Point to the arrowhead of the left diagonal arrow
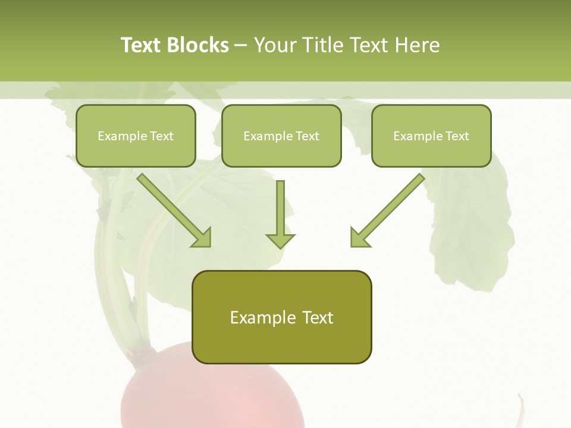(202, 238)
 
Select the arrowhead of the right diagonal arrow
(359, 238)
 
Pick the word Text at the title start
(141, 45)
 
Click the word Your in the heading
(274, 45)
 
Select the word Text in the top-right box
(457, 136)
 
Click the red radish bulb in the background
(214, 398)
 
